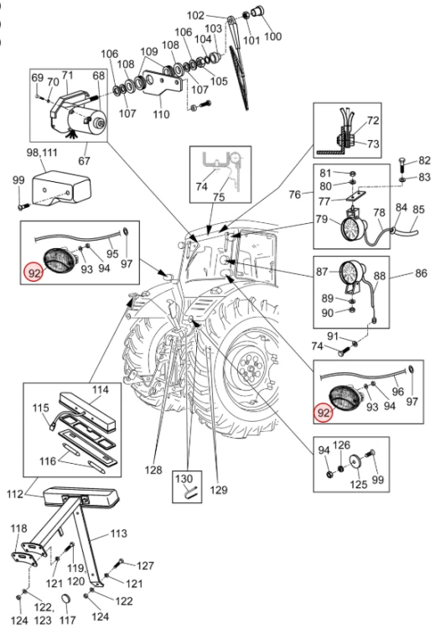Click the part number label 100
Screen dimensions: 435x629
272,36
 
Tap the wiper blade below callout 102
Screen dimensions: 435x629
240,77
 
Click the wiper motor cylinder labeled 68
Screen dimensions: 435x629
87,120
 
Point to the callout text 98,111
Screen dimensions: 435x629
42,153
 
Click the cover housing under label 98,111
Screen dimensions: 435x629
61,188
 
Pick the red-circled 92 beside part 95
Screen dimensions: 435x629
34,273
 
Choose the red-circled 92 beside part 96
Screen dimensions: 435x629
324,413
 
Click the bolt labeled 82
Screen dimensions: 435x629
402,166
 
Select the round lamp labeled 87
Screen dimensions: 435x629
352,273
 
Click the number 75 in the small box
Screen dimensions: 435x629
219,196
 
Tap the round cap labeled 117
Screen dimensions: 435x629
66,600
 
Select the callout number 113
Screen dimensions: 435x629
119,533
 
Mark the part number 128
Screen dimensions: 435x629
153,470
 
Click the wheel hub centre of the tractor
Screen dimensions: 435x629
251,367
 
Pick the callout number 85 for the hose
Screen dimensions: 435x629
418,210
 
